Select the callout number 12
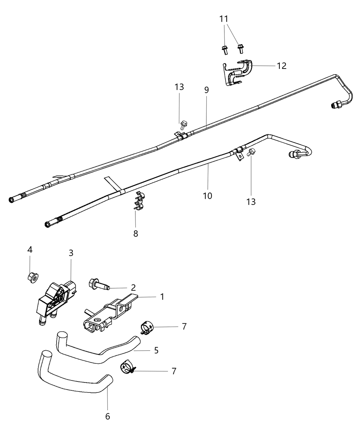coord(281,65)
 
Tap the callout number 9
coord(206,90)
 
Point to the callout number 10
coord(207,196)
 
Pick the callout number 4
coord(30,250)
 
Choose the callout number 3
coord(71,253)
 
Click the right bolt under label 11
coord(241,49)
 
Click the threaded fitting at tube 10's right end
coord(293,155)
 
